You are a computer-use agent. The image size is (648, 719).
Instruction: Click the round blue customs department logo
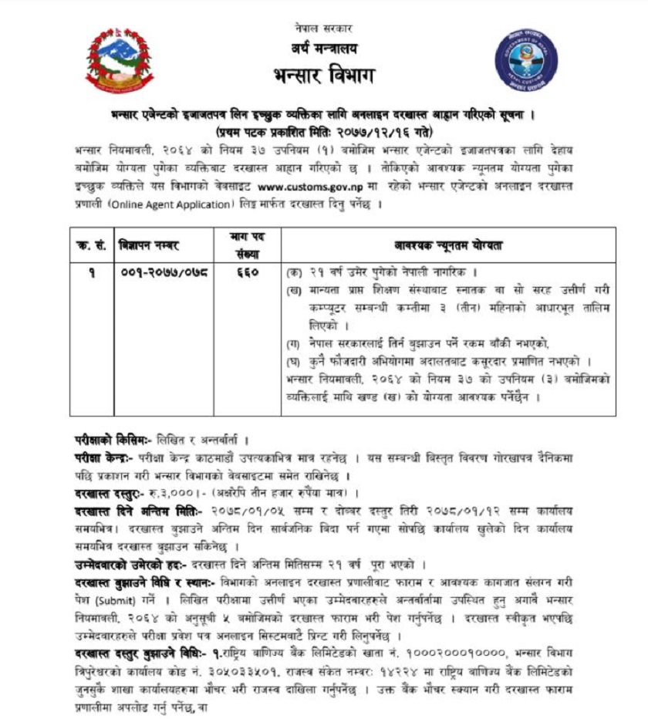(x=525, y=62)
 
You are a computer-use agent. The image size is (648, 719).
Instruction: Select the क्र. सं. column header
(x=92, y=245)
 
